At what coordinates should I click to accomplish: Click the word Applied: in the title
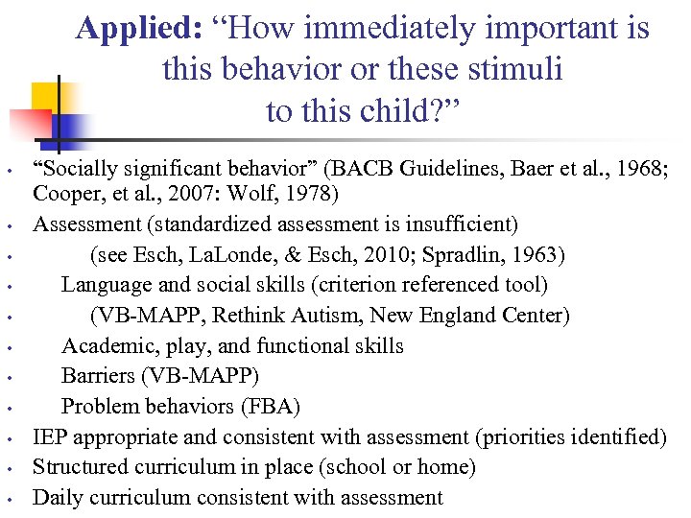[x=138, y=29]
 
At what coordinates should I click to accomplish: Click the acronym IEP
[x=50, y=437]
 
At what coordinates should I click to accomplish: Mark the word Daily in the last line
[x=57, y=497]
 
